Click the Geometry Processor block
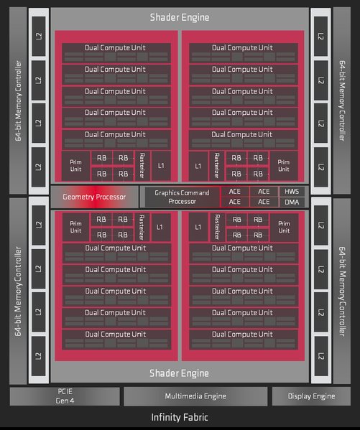(x=94, y=197)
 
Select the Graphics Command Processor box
(x=182, y=197)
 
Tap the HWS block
(x=292, y=192)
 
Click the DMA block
(x=292, y=202)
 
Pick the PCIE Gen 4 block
(x=65, y=396)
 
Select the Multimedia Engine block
(x=195, y=396)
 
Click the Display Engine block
(x=311, y=396)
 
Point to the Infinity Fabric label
(x=180, y=417)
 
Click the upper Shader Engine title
(x=180, y=17)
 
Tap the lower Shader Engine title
(x=179, y=373)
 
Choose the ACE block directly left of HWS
(x=264, y=192)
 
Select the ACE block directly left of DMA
(x=264, y=202)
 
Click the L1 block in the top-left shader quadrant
(x=161, y=166)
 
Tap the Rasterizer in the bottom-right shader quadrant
(x=217, y=227)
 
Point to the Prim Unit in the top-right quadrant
(x=284, y=166)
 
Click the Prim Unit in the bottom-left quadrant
(x=75, y=227)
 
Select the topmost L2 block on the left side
(x=39, y=36)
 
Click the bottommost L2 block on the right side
(x=320, y=356)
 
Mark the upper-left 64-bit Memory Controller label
(x=18, y=101)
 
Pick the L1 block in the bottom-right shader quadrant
(x=198, y=227)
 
